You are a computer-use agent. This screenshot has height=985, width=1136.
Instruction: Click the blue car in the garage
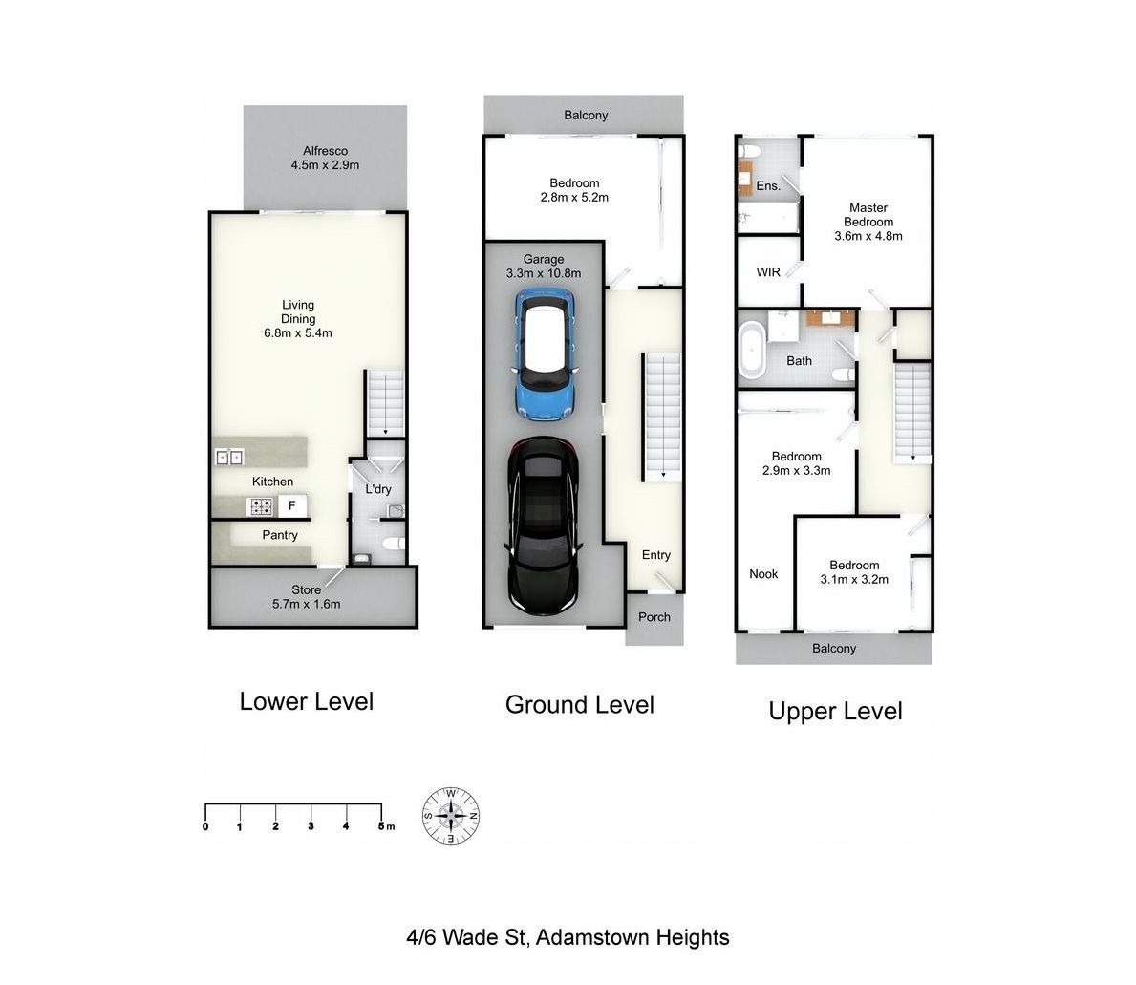click(x=546, y=354)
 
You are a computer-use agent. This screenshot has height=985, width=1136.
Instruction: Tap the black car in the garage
click(x=543, y=525)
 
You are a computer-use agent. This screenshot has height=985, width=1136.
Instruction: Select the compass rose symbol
click(x=451, y=816)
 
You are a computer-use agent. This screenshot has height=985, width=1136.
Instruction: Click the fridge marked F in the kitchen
click(x=292, y=505)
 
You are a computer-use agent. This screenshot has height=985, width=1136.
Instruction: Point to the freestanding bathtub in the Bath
click(x=752, y=352)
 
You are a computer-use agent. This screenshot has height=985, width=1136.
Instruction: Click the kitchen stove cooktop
click(x=259, y=506)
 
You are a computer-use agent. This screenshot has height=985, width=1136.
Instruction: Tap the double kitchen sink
click(x=229, y=457)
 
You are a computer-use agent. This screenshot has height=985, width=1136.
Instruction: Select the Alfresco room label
click(x=325, y=151)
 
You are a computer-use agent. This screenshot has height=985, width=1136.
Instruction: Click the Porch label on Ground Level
click(x=654, y=617)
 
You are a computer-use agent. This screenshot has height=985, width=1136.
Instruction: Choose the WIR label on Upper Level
click(x=768, y=272)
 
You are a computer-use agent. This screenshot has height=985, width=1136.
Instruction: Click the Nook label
click(x=763, y=573)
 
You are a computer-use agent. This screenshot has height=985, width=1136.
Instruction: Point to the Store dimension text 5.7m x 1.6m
click(x=307, y=604)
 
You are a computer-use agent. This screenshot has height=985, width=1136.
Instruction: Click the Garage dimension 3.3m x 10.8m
click(x=544, y=273)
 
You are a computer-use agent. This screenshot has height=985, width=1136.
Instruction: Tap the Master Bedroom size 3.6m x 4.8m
click(x=868, y=236)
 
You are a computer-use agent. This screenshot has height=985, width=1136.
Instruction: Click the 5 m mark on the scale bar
click(x=382, y=826)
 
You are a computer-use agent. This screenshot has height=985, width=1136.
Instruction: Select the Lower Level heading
click(x=307, y=701)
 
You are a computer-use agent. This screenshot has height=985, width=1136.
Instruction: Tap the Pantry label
click(x=280, y=535)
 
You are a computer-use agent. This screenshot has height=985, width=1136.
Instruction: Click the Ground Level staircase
click(x=662, y=417)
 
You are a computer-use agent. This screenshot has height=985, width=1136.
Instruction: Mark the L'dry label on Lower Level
click(x=378, y=489)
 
